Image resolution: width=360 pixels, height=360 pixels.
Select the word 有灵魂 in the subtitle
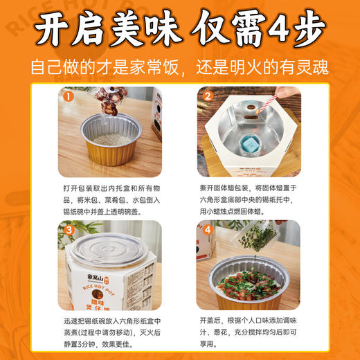[303, 68]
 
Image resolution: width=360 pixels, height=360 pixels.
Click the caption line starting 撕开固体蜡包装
[246, 188]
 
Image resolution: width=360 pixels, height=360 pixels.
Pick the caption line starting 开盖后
[246, 321]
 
